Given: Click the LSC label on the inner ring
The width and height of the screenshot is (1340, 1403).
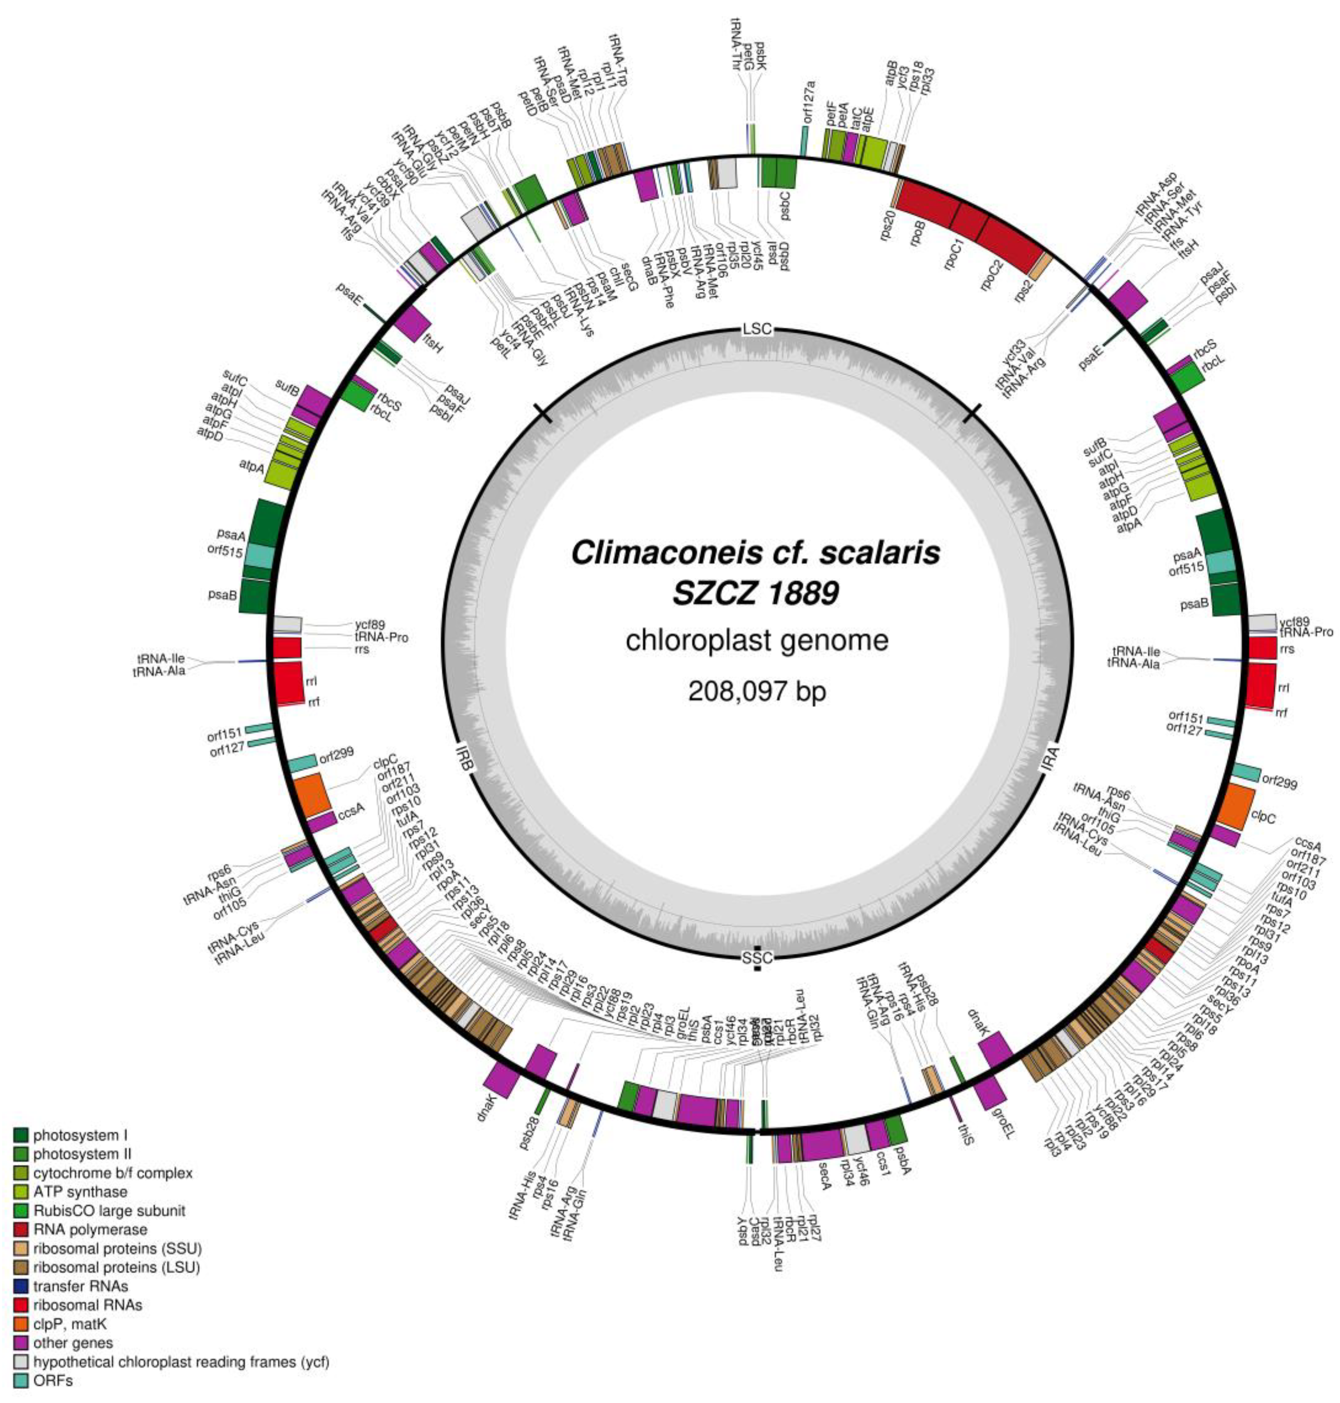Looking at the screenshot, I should coord(757,329).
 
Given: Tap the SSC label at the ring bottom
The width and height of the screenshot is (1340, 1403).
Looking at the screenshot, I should coord(757,957).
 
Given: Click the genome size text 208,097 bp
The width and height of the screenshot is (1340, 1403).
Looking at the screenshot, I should coord(757,691).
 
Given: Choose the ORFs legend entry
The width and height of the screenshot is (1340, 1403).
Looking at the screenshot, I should coord(53,1381).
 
